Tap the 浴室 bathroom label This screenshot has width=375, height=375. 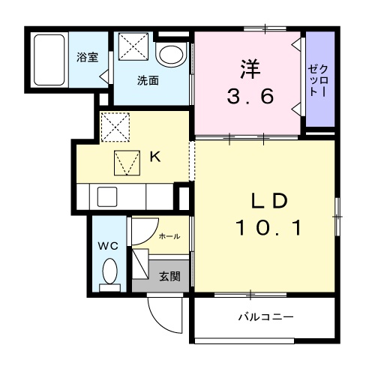click(87, 57)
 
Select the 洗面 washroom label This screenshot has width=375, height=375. click(147, 81)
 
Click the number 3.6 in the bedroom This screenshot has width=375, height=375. click(247, 96)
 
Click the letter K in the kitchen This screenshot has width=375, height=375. click(154, 157)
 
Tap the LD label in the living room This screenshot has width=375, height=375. click(268, 201)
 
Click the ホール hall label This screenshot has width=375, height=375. click(169, 236)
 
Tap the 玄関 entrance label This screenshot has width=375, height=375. click(169, 276)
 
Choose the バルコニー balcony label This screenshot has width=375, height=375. click(266, 317)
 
